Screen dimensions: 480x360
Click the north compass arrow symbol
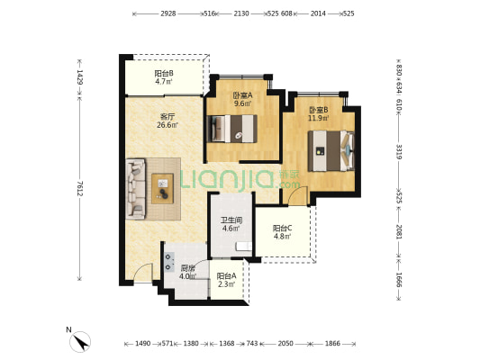click(x=80, y=342)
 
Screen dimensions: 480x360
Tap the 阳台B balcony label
click(x=164, y=74)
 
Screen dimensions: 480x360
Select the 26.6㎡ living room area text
click(x=168, y=125)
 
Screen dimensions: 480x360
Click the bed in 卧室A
click(x=231, y=129)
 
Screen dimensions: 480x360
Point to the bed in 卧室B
click(x=331, y=151)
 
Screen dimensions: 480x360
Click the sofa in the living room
click(x=135, y=189)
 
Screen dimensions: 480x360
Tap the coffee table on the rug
click(x=162, y=188)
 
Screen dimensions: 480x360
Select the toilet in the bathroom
click(x=244, y=247)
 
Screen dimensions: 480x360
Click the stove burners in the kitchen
click(x=168, y=262)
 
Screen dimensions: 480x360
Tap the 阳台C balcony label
click(x=282, y=229)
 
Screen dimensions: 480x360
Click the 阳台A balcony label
click(x=226, y=276)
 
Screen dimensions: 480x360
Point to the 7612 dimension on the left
click(x=79, y=189)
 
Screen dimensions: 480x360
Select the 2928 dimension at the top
click(x=168, y=13)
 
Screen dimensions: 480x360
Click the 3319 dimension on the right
click(x=399, y=152)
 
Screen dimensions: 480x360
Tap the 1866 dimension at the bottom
click(x=332, y=344)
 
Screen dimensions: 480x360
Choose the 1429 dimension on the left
click(x=79, y=77)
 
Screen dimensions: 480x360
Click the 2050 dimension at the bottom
click(x=285, y=344)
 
